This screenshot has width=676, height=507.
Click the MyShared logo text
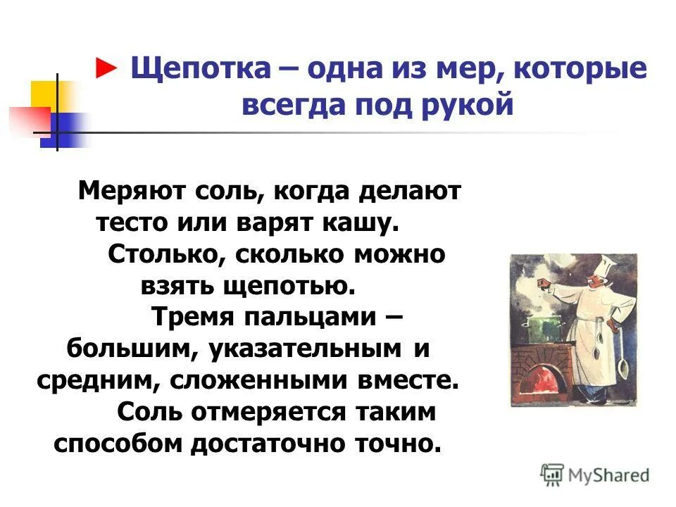tap(604, 475)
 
